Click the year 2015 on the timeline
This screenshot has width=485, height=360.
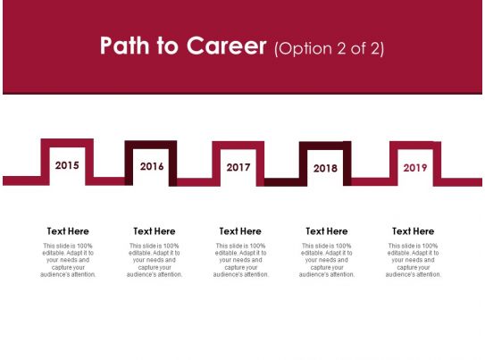(x=67, y=165)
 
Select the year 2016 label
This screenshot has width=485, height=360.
(x=152, y=166)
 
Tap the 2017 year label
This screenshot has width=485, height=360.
(x=238, y=167)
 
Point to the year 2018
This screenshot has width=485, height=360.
(x=326, y=168)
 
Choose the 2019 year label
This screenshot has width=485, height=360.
(x=415, y=167)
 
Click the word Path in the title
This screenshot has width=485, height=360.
(x=124, y=47)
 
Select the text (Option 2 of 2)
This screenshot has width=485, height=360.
(x=330, y=48)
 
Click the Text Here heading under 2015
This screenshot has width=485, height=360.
(x=68, y=231)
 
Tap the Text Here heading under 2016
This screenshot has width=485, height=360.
(x=155, y=231)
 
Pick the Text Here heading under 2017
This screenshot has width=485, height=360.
(x=240, y=231)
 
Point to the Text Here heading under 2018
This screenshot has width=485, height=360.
(x=327, y=231)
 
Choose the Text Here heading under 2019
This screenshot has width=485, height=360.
(x=413, y=231)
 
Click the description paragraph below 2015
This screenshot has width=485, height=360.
(x=68, y=260)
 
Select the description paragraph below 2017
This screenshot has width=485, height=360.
(x=240, y=260)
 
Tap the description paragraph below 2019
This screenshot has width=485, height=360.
(x=413, y=260)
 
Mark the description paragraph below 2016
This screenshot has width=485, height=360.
(x=155, y=260)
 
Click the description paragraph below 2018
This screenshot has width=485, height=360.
(x=327, y=260)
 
